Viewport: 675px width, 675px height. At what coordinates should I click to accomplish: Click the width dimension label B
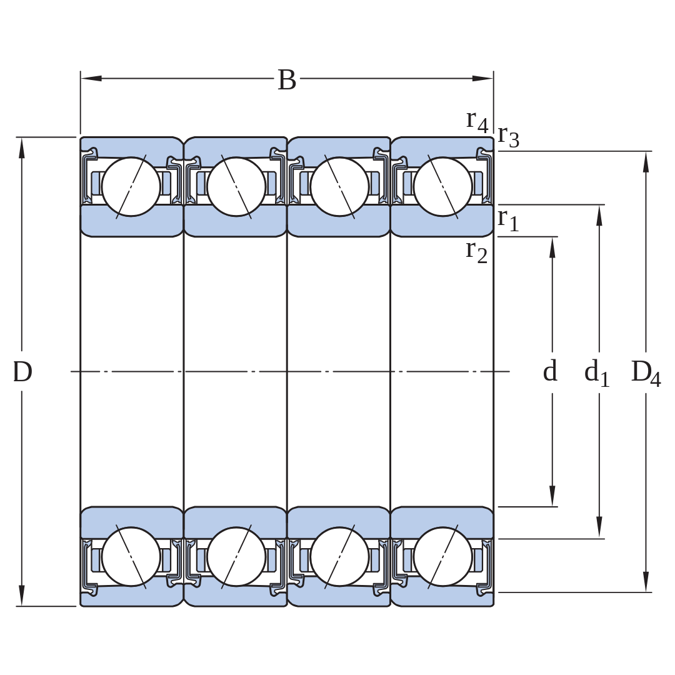coord(287,79)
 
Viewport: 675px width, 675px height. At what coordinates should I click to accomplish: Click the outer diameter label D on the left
coord(22,371)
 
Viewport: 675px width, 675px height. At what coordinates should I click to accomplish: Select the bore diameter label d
coord(550,371)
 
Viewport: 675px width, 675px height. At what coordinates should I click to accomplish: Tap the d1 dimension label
coord(597,372)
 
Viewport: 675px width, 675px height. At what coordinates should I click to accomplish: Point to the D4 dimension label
coord(646,372)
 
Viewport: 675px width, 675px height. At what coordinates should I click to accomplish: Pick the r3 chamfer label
coord(509,136)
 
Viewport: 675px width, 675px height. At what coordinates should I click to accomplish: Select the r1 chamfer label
coord(508,220)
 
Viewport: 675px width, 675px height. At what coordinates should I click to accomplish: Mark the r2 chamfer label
coord(477,252)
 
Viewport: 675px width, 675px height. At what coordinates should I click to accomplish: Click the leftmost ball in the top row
coord(131,186)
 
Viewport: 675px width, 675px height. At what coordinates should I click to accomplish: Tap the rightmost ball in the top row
coord(443,186)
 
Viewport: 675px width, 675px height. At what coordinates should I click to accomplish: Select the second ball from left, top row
coord(236,186)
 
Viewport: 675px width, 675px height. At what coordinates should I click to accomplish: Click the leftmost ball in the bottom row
coord(131,557)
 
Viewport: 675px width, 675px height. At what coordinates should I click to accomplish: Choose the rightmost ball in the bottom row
coord(443,557)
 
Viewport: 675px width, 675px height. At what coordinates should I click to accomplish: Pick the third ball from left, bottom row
coord(339,557)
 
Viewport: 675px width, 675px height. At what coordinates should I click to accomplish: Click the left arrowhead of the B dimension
coord(91,78)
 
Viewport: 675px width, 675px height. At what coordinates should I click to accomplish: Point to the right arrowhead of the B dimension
coord(482,78)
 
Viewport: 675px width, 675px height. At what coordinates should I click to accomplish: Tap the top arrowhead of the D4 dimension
coord(646,162)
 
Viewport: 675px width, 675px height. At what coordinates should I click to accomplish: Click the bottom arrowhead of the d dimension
coord(552,496)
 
